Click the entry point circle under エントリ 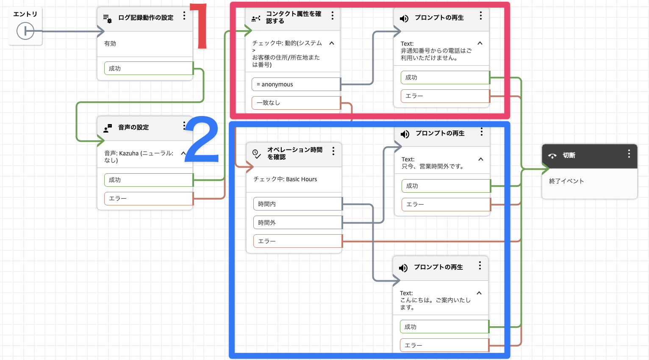pyautogui.click(x=25, y=31)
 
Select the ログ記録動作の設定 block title pyautogui.click(x=145, y=18)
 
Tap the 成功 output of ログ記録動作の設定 pyautogui.click(x=148, y=68)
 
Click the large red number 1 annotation pyautogui.click(x=199, y=26)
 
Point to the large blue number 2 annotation pyautogui.click(x=202, y=140)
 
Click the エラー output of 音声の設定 pyautogui.click(x=148, y=198)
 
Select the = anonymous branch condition pyautogui.click(x=296, y=84)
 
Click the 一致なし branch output pyautogui.click(x=296, y=102)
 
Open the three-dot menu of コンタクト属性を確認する pyautogui.click(x=333, y=16)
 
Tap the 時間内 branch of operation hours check pyautogui.click(x=297, y=204)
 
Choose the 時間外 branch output pyautogui.click(x=297, y=222)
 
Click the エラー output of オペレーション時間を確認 pyautogui.click(x=297, y=241)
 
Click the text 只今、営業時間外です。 pyautogui.click(x=433, y=166)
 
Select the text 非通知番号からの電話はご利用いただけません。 pyautogui.click(x=436, y=54)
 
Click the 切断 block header pyautogui.click(x=589, y=155)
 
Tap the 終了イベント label pyautogui.click(x=566, y=181)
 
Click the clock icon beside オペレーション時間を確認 pyautogui.click(x=256, y=153)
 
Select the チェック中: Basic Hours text pyautogui.click(x=285, y=179)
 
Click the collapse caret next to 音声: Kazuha pyautogui.click(x=183, y=153)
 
